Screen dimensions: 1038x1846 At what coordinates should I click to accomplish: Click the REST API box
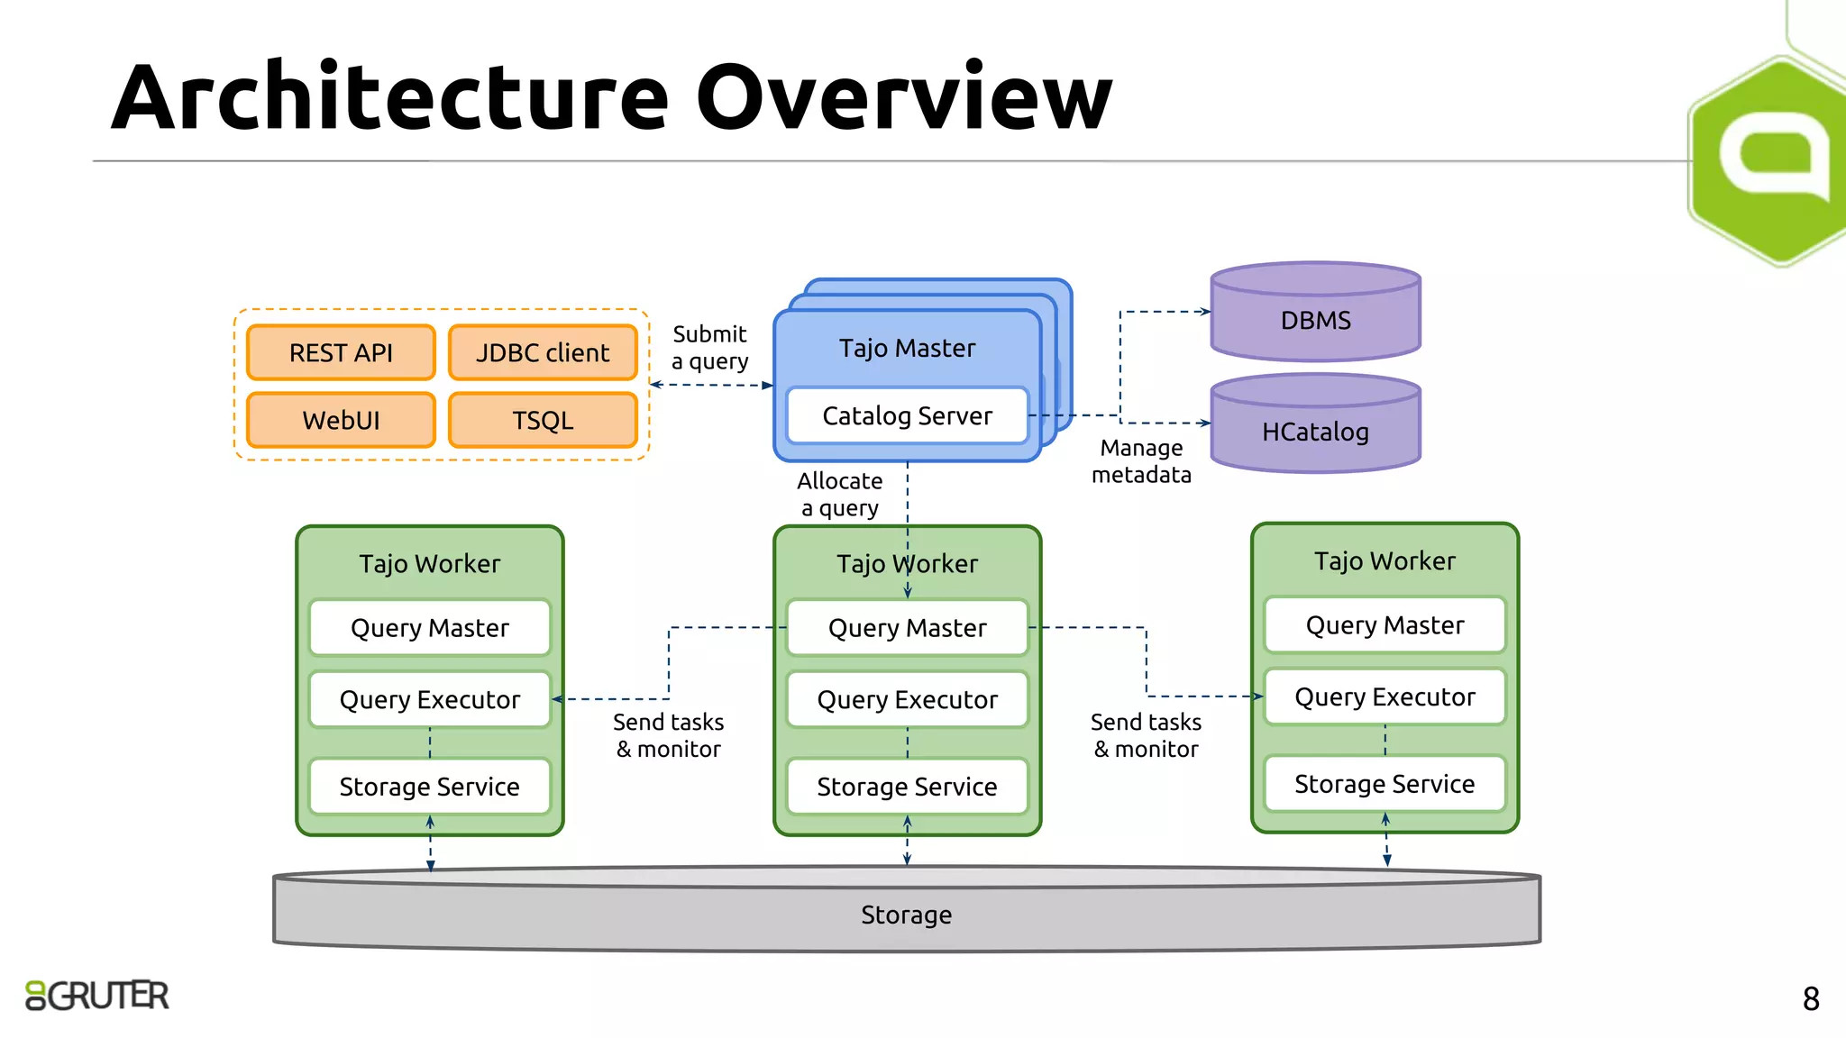(x=341, y=352)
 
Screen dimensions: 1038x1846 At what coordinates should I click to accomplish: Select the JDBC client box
(x=543, y=352)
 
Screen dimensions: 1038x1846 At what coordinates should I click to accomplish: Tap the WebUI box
(x=341, y=420)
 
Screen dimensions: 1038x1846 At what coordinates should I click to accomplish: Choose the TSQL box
(x=543, y=420)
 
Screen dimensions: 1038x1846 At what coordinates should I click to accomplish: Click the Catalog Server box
(x=907, y=415)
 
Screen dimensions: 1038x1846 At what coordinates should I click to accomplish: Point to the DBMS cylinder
(x=1315, y=319)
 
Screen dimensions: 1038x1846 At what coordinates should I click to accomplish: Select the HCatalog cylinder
(x=1315, y=431)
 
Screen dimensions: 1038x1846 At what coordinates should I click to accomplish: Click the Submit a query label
(x=710, y=348)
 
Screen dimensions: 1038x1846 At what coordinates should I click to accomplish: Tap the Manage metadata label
(x=1141, y=460)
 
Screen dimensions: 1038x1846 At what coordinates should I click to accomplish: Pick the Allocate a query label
(x=840, y=494)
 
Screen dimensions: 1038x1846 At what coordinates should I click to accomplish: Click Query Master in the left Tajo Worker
(x=430, y=627)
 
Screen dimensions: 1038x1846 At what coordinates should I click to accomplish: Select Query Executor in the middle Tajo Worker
(x=907, y=699)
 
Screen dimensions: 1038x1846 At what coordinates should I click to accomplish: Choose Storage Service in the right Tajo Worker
(x=1384, y=783)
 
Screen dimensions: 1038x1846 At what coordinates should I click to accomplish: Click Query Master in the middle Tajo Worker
(x=907, y=627)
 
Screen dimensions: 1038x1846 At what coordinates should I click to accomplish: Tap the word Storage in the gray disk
(x=906, y=915)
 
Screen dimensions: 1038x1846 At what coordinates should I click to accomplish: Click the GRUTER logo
(x=97, y=995)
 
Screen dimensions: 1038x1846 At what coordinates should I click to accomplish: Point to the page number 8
(x=1811, y=998)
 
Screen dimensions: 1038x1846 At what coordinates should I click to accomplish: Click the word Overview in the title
(x=904, y=97)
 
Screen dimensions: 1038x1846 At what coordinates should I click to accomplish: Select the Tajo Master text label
(x=907, y=348)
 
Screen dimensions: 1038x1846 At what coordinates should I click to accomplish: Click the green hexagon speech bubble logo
(x=1771, y=158)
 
